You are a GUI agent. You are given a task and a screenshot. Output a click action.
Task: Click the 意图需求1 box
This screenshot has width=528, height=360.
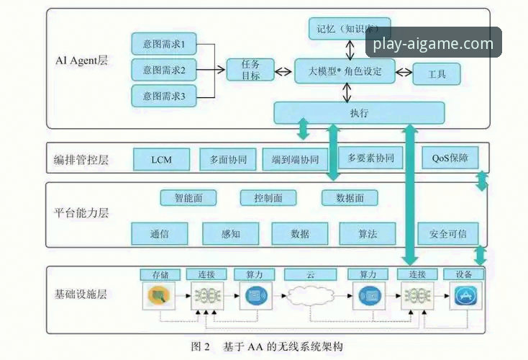point(164,45)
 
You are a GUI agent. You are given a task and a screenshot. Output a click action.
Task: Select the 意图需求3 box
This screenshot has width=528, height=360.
point(164,96)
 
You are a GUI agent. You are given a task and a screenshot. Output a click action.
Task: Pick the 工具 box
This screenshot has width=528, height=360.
point(436,74)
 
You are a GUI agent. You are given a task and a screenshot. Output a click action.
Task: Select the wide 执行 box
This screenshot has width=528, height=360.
point(359,113)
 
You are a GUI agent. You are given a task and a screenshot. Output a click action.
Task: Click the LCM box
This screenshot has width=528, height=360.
point(161,159)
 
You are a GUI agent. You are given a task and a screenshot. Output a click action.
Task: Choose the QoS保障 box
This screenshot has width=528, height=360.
point(450,158)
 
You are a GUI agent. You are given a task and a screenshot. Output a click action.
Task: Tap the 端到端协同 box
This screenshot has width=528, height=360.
point(291,159)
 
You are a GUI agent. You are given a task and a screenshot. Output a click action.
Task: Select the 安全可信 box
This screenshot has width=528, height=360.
point(447,233)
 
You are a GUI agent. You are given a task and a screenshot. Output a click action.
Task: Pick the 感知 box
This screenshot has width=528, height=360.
point(230,233)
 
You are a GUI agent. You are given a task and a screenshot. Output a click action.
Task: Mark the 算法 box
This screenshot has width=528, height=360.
point(368,233)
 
